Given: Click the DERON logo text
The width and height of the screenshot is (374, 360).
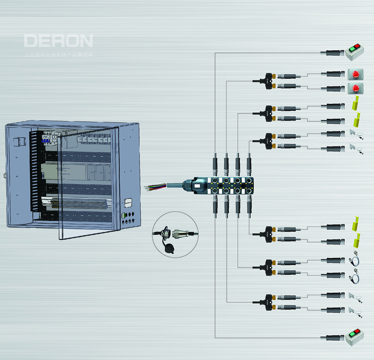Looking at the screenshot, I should (x=58, y=41).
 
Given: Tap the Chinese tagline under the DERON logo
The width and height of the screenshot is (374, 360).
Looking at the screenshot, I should (x=58, y=55).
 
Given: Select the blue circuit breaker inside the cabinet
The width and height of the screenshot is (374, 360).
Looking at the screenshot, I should (x=46, y=138).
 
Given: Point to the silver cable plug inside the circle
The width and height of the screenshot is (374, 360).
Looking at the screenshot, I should (x=181, y=234).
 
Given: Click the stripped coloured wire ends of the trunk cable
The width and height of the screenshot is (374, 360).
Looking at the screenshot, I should (x=150, y=187).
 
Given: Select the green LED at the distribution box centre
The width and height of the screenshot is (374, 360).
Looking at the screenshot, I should (x=232, y=186).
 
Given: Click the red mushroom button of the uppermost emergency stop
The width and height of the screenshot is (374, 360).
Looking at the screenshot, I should (x=355, y=73).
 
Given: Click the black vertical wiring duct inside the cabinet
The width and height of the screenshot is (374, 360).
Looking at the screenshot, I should (x=34, y=171).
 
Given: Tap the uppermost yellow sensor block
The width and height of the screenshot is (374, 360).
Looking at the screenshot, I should (x=355, y=104).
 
